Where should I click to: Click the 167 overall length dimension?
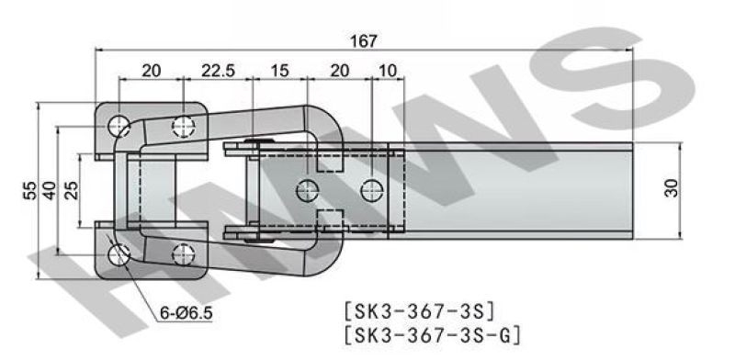coord(364,41)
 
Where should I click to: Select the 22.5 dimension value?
coord(218,71)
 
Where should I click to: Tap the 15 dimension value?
coord(280,71)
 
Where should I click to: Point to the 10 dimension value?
coord(388,71)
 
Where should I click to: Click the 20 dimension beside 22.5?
coord(152,71)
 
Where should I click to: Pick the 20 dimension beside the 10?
coord(340,71)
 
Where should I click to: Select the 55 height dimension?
coord(29,190)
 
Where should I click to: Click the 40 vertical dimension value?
coord(50,190)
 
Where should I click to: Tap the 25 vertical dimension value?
coord(72,190)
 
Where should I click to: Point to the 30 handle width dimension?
coord(672,188)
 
